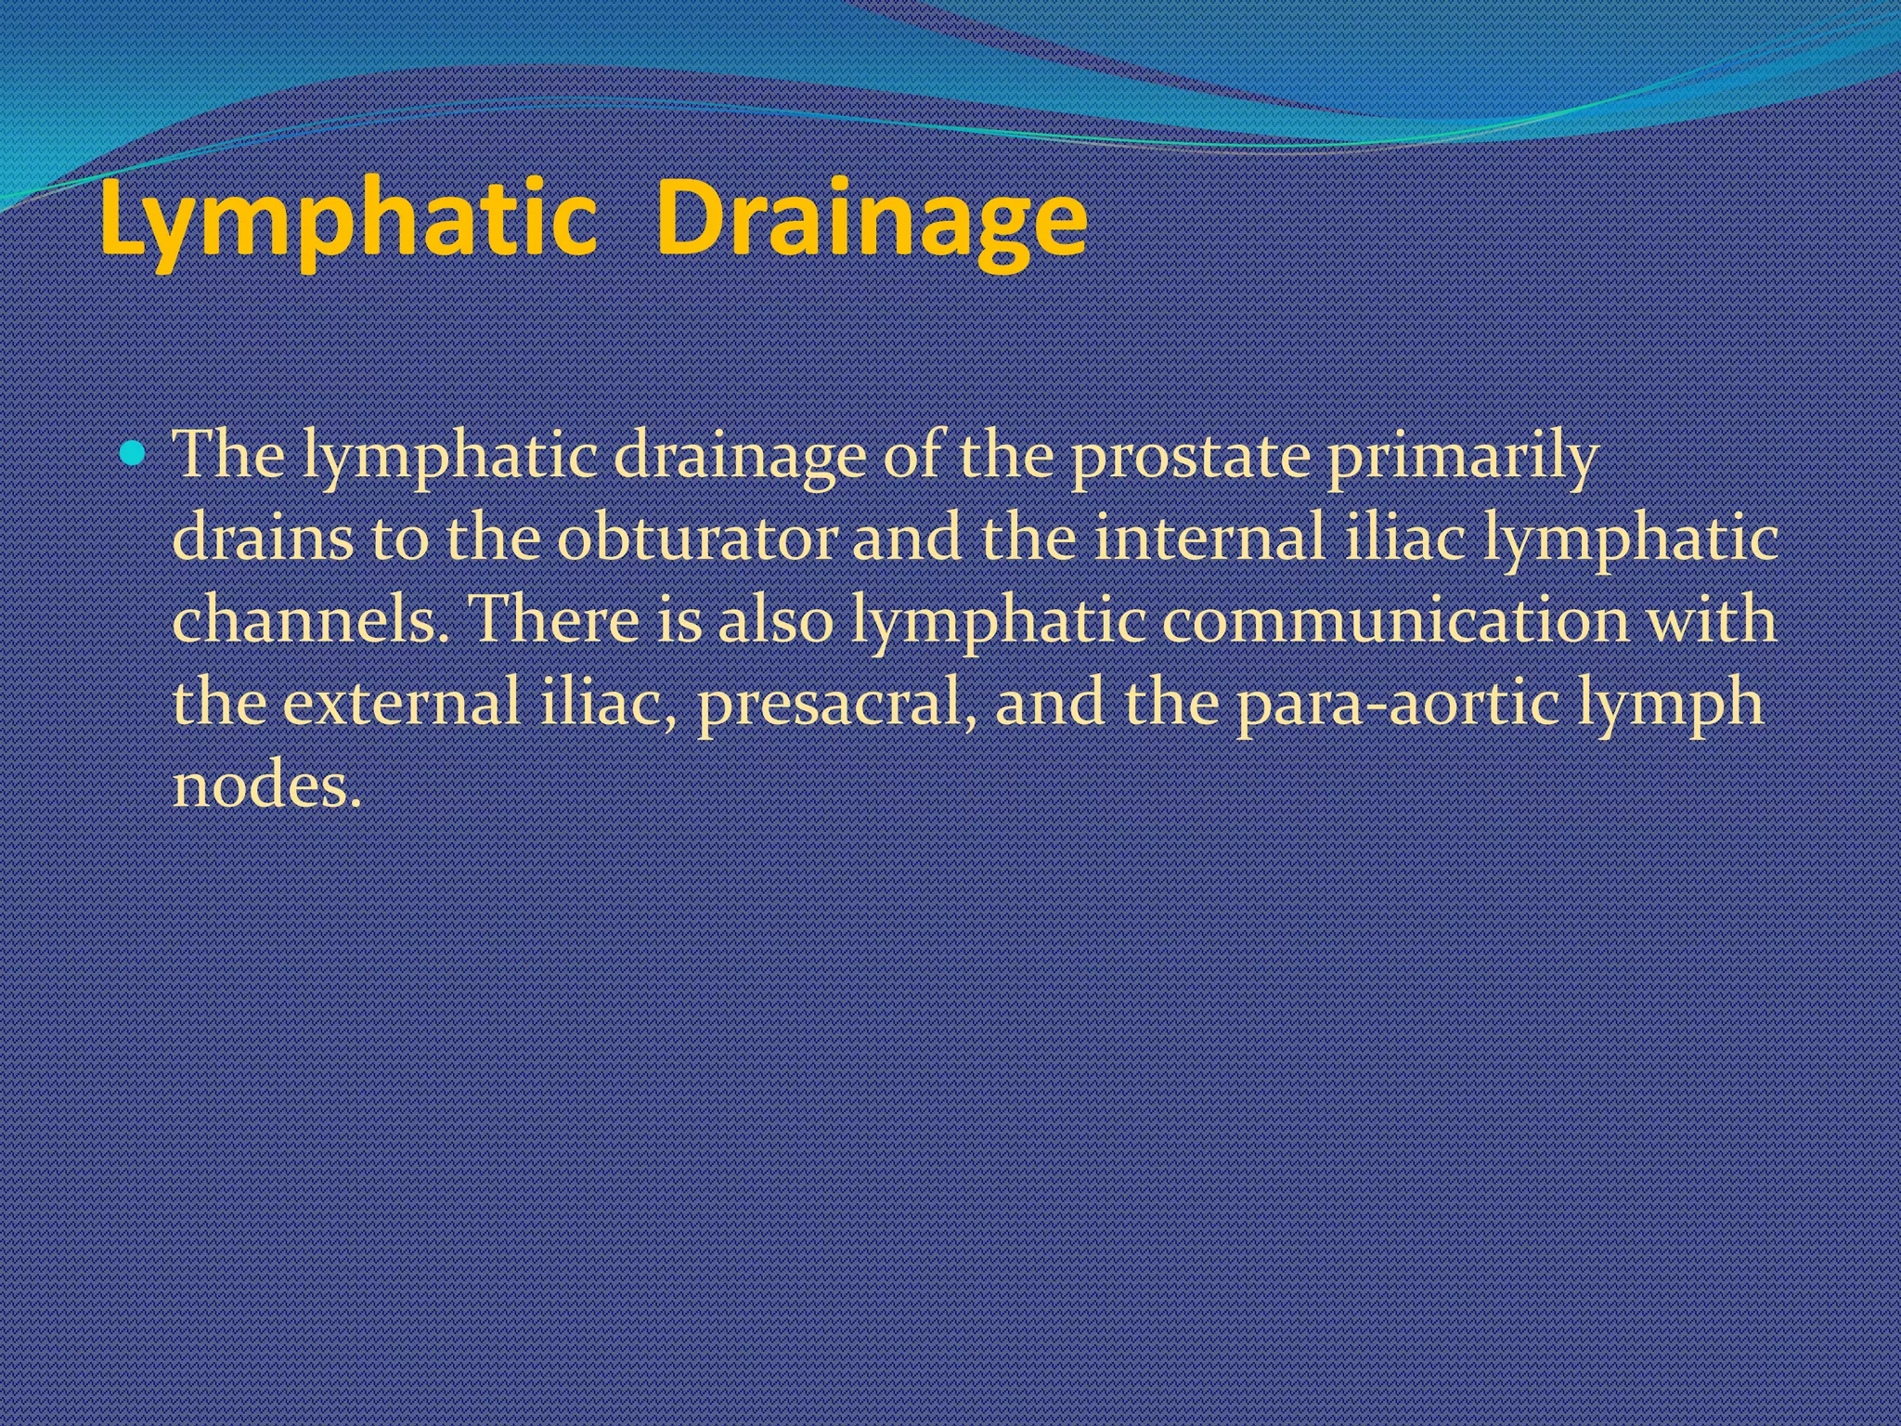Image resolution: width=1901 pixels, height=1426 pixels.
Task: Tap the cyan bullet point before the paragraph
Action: pos(135,455)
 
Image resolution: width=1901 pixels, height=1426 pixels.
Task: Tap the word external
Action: pos(401,703)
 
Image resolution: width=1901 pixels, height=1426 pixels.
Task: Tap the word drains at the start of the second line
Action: pos(264,539)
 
